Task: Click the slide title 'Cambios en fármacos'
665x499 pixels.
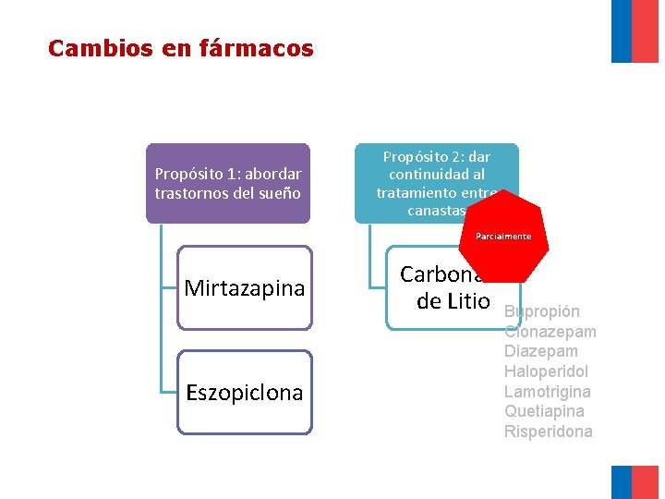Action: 181,48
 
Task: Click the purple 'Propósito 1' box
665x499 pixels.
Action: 228,183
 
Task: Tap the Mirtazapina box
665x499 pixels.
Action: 245,287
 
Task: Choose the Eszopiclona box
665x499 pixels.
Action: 245,392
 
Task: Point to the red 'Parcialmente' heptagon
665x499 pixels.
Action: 503,237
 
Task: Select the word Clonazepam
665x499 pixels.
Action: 550,332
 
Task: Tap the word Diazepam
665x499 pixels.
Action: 541,351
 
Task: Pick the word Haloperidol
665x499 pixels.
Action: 546,371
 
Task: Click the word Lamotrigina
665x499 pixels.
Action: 546,392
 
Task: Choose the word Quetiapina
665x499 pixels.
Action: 544,411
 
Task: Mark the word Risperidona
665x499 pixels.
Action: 549,432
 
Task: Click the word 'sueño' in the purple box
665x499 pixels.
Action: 279,193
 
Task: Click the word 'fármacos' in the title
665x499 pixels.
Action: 256,48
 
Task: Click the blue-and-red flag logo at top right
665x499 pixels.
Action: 635,30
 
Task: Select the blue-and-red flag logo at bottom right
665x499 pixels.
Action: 635,481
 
